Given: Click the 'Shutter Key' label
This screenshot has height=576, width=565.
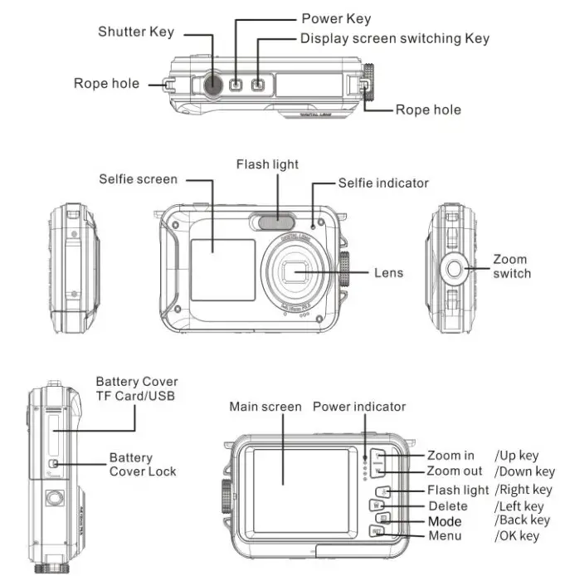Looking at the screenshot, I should [136, 32].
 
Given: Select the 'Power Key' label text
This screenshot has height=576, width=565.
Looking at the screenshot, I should [336, 18].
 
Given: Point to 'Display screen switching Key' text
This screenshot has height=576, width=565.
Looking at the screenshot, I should [394, 38].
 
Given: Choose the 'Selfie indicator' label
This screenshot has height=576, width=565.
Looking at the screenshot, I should [383, 183].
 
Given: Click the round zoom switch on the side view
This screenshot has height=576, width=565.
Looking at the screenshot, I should [453, 267].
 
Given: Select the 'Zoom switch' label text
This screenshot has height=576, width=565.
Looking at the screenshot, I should [511, 266].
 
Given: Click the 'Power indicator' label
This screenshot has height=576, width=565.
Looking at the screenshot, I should [359, 407].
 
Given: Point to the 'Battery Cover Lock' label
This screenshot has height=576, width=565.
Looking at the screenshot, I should [142, 465].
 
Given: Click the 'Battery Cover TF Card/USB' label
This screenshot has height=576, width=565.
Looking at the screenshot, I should [137, 388].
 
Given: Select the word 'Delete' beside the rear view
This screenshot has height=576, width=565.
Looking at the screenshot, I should [448, 505].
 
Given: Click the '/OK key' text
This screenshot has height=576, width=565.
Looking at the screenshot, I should [516, 536].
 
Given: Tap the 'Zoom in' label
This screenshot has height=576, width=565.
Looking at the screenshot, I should [451, 455].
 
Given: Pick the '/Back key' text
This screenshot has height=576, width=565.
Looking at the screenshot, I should [522, 520].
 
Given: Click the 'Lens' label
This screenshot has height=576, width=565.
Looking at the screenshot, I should [388, 272].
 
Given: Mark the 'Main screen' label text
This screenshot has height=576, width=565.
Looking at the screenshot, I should [265, 407].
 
